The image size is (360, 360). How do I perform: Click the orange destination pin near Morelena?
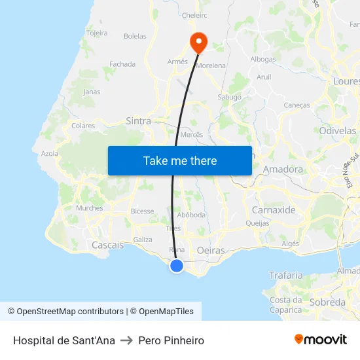coord(198,42)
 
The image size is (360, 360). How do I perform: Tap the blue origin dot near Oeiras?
coord(177,266)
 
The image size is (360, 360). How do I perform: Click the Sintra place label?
coord(138,121)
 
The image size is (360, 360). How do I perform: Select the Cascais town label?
coord(107,245)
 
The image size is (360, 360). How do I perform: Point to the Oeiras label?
coord(211,251)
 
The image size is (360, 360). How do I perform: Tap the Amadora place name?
coord(283,170)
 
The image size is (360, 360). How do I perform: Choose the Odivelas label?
coord(338,131)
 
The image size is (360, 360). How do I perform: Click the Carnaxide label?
coord(274,210)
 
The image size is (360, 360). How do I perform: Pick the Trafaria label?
coord(286,276)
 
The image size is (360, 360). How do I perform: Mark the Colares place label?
coord(83,126)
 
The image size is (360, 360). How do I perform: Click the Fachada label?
coord(122,64)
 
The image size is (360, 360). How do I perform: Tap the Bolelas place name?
coord(135,36)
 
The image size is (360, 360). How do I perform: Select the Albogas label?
coord(263,59)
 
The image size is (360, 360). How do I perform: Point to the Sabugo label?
coord(229,97)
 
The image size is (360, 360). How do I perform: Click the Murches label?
coord(89,208)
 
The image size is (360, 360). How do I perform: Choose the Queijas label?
coord(257,223)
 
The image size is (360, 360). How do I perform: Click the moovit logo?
coord(320,340)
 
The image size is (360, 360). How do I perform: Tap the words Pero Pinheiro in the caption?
coord(171,340)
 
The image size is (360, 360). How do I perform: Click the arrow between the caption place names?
coord(126,340)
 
